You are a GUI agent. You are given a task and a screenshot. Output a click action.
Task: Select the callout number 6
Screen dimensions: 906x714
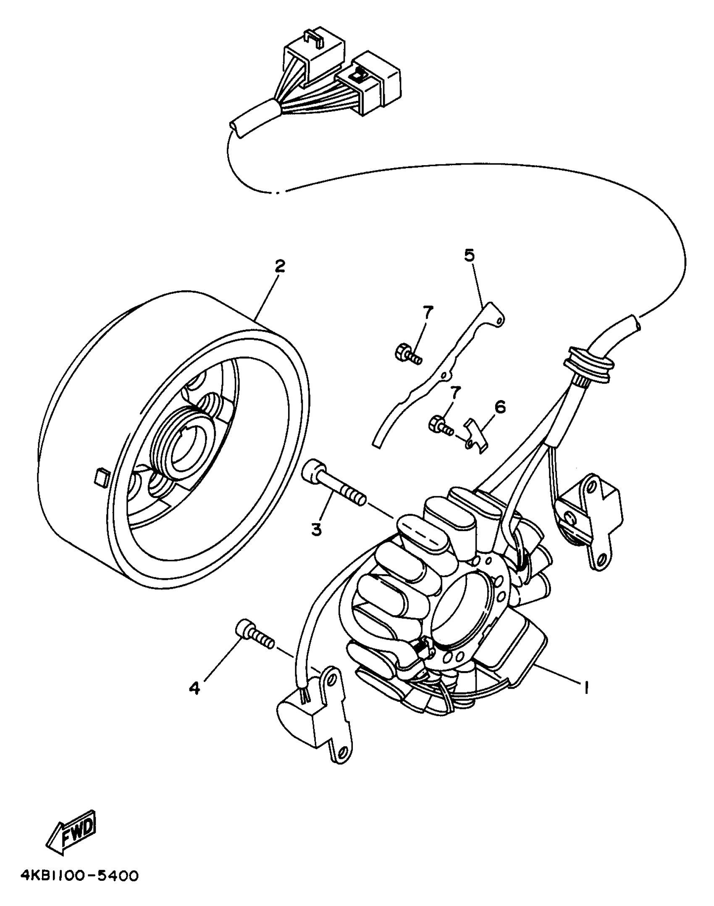[x=500, y=407]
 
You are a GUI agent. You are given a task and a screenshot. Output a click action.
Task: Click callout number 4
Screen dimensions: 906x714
[x=194, y=688]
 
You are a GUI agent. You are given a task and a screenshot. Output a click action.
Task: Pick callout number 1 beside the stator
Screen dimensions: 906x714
[x=585, y=687]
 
